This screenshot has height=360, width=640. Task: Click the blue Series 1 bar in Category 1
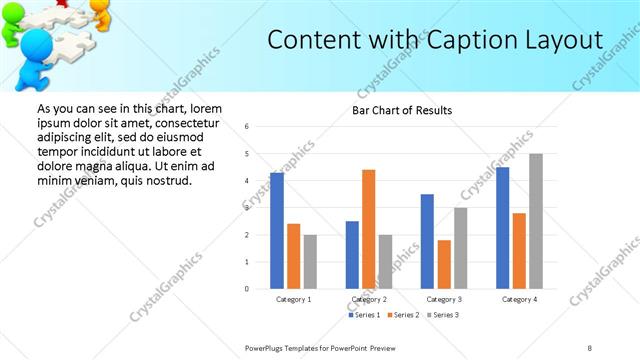point(277,231)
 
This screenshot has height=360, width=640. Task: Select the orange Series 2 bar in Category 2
point(368,229)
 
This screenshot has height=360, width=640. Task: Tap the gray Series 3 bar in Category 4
point(536,221)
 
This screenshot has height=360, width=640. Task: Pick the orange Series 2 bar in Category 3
point(444,264)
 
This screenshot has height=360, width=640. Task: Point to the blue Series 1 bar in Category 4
point(503,228)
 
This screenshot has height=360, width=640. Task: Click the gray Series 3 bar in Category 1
point(310,262)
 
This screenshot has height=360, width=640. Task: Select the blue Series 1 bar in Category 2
point(352,255)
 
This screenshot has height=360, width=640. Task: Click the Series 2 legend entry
point(402,315)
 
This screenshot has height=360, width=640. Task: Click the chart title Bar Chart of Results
point(402,110)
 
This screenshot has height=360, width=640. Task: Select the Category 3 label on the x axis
point(444,299)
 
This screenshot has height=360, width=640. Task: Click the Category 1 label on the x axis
point(294,299)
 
